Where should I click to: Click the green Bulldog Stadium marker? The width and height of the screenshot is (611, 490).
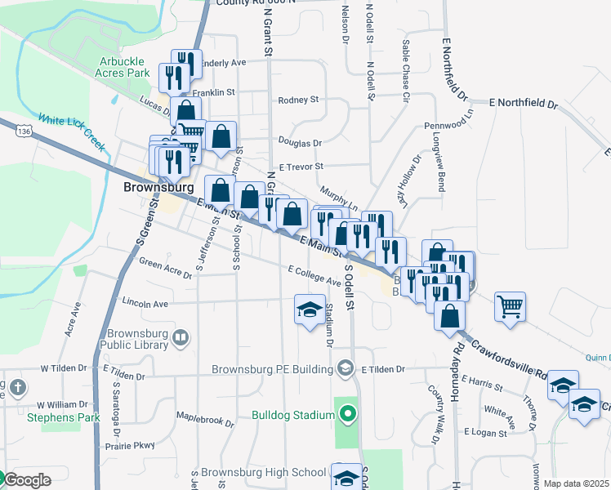click(348, 414)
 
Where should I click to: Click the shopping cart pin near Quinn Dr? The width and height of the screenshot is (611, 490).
click(511, 308)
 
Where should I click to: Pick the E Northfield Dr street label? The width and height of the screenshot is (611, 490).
click(523, 105)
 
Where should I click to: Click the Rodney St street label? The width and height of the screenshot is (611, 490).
click(298, 100)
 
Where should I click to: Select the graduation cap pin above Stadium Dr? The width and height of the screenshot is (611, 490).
click(310, 311)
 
